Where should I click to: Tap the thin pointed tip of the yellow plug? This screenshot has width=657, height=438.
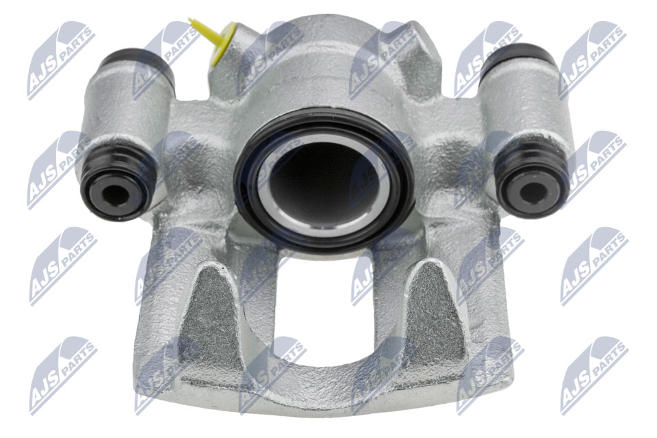point(190,20)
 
